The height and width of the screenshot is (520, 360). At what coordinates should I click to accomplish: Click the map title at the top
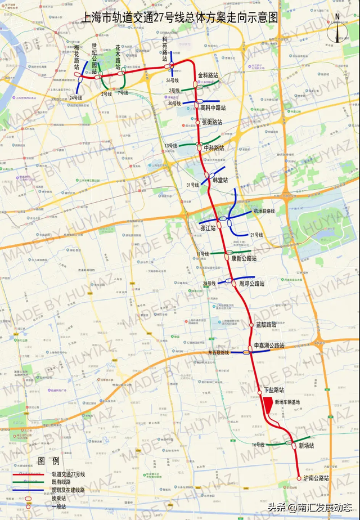[180, 17]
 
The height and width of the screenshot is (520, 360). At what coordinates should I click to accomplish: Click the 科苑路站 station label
[165, 49]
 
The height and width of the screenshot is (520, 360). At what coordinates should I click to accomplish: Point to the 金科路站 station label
[209, 75]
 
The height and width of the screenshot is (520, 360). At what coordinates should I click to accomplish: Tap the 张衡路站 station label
[212, 122]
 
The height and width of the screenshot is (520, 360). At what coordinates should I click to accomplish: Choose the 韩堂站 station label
[220, 180]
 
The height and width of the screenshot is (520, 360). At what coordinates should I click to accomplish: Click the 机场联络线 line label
[264, 211]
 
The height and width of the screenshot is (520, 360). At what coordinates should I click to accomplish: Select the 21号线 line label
[256, 235]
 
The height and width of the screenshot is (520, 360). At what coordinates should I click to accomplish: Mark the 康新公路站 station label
[244, 258]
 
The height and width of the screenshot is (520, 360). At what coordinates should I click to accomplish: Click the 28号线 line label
[209, 284]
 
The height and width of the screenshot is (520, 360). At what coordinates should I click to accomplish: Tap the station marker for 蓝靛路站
[251, 325]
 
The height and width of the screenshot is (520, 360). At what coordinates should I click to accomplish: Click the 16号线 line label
[258, 445]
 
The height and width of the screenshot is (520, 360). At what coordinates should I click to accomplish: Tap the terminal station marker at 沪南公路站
[299, 479]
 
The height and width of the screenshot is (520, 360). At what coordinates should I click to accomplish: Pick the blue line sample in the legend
[29, 490]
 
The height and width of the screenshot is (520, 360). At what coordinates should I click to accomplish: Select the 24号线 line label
[76, 98]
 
